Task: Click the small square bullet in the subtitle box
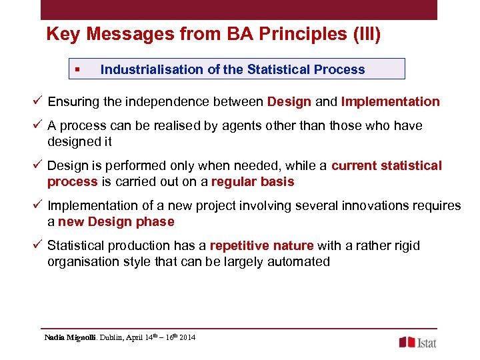pos(78,69)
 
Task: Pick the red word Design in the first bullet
pos(289,102)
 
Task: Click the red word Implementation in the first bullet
pos(390,102)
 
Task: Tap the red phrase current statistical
pos(386,166)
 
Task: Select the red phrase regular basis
pos(253,182)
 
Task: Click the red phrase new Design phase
pos(116,222)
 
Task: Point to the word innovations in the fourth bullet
pos(369,206)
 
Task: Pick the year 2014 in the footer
pos(187,338)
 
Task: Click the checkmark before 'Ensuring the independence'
pos(39,102)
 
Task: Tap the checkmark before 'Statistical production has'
pos(39,246)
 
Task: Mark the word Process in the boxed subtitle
pos(341,69)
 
